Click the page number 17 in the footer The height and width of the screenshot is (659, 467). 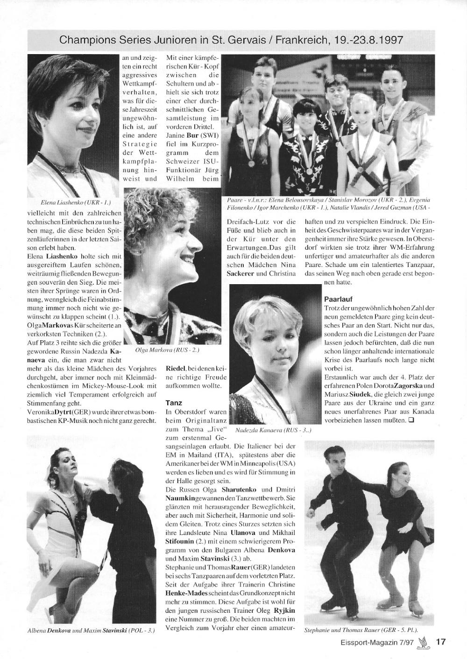pos(440,641)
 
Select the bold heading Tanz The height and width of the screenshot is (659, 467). pos(174,402)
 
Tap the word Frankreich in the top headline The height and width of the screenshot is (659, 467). pos(303,41)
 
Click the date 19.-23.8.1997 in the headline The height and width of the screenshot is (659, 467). pos(369,41)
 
